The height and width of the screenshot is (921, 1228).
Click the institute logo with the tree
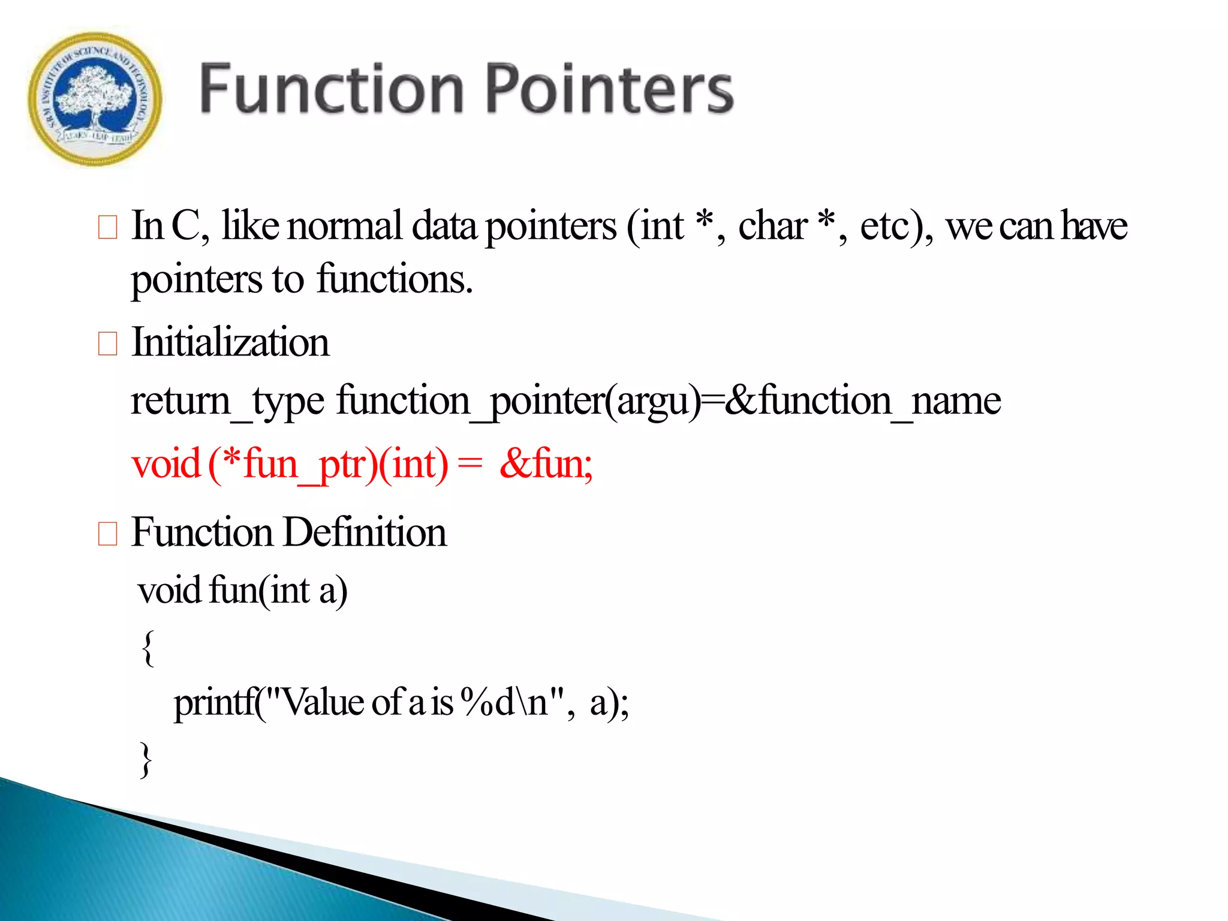[95, 99]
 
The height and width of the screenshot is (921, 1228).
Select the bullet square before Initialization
[107, 344]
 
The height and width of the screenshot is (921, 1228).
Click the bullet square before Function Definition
[107, 533]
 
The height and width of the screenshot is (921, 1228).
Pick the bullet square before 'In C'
[107, 227]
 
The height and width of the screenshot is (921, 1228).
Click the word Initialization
[230, 342]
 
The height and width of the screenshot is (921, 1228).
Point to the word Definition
[365, 532]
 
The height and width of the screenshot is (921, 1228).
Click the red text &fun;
[546, 464]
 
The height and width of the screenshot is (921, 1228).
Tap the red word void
[166, 464]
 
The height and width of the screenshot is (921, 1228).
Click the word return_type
[227, 401]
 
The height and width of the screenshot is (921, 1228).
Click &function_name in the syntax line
[862, 401]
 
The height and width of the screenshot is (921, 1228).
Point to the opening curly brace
[148, 648]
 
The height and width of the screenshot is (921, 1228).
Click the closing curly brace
[146, 760]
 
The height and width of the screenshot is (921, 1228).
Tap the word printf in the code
[214, 703]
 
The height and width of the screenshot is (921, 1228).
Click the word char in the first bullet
[772, 226]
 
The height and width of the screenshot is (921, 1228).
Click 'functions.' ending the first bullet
[395, 279]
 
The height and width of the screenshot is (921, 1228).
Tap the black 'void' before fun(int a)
[169, 590]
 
